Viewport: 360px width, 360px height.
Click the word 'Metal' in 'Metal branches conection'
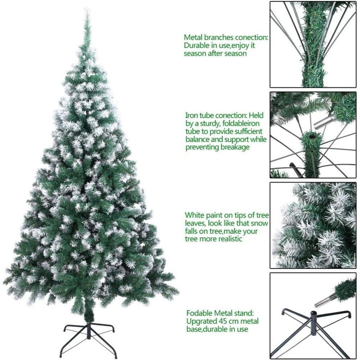(193, 37)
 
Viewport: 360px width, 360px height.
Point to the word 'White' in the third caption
(194, 215)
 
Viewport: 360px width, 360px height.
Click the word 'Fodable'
(199, 313)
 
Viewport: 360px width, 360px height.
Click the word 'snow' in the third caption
(259, 223)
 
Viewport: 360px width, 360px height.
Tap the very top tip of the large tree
(87, 9)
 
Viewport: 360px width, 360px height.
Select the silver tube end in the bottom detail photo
(324, 301)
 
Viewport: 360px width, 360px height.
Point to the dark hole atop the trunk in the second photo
(311, 136)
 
